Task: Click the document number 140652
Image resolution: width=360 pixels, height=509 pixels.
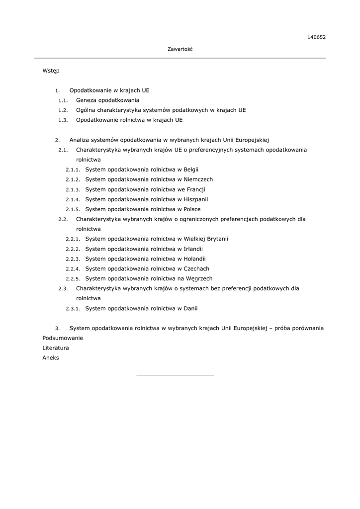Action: pyautogui.click(x=316, y=37)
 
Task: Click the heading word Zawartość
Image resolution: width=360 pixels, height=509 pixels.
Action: pyautogui.click(x=180, y=49)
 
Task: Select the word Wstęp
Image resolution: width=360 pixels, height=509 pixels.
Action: pyautogui.click(x=51, y=71)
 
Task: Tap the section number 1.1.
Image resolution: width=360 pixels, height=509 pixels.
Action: pyautogui.click(x=63, y=100)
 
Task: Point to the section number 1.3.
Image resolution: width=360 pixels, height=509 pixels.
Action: pyautogui.click(x=63, y=120)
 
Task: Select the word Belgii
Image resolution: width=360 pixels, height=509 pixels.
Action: pyautogui.click(x=191, y=170)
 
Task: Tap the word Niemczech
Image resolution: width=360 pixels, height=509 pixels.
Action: pyautogui.click(x=198, y=179)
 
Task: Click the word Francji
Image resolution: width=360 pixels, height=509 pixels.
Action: pyautogui.click(x=196, y=189)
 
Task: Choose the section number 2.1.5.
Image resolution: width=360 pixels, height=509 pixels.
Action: pyautogui.click(x=73, y=209)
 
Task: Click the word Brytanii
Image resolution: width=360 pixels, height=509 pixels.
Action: pyautogui.click(x=216, y=239)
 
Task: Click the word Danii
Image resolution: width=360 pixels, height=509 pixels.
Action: pyautogui.click(x=190, y=309)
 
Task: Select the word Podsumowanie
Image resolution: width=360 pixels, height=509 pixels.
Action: pyautogui.click(x=63, y=338)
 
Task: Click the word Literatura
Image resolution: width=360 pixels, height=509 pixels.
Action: pyautogui.click(x=56, y=348)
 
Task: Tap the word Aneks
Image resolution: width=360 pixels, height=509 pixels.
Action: pyautogui.click(x=51, y=358)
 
